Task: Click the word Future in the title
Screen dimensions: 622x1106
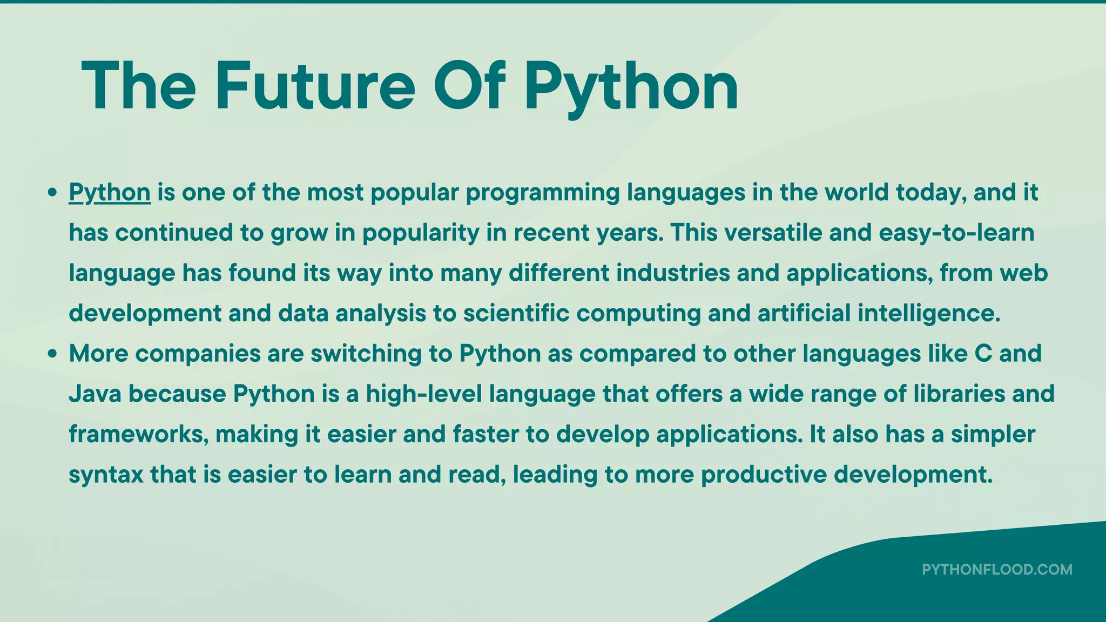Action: (x=315, y=86)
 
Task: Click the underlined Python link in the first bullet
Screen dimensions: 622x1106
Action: (x=110, y=193)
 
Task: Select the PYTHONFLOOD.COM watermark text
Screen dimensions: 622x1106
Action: (x=997, y=570)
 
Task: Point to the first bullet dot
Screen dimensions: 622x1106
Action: (x=52, y=193)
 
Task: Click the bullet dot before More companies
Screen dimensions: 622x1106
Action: (x=52, y=354)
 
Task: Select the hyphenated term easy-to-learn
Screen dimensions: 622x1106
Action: (x=956, y=233)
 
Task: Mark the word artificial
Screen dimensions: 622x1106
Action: (x=804, y=313)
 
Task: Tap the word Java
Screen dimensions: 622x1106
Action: (x=94, y=394)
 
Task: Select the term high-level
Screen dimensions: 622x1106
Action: (x=424, y=394)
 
